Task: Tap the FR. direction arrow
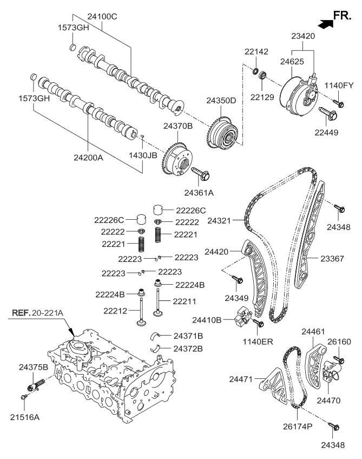[x=325, y=23]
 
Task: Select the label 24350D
[x=221, y=101]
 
